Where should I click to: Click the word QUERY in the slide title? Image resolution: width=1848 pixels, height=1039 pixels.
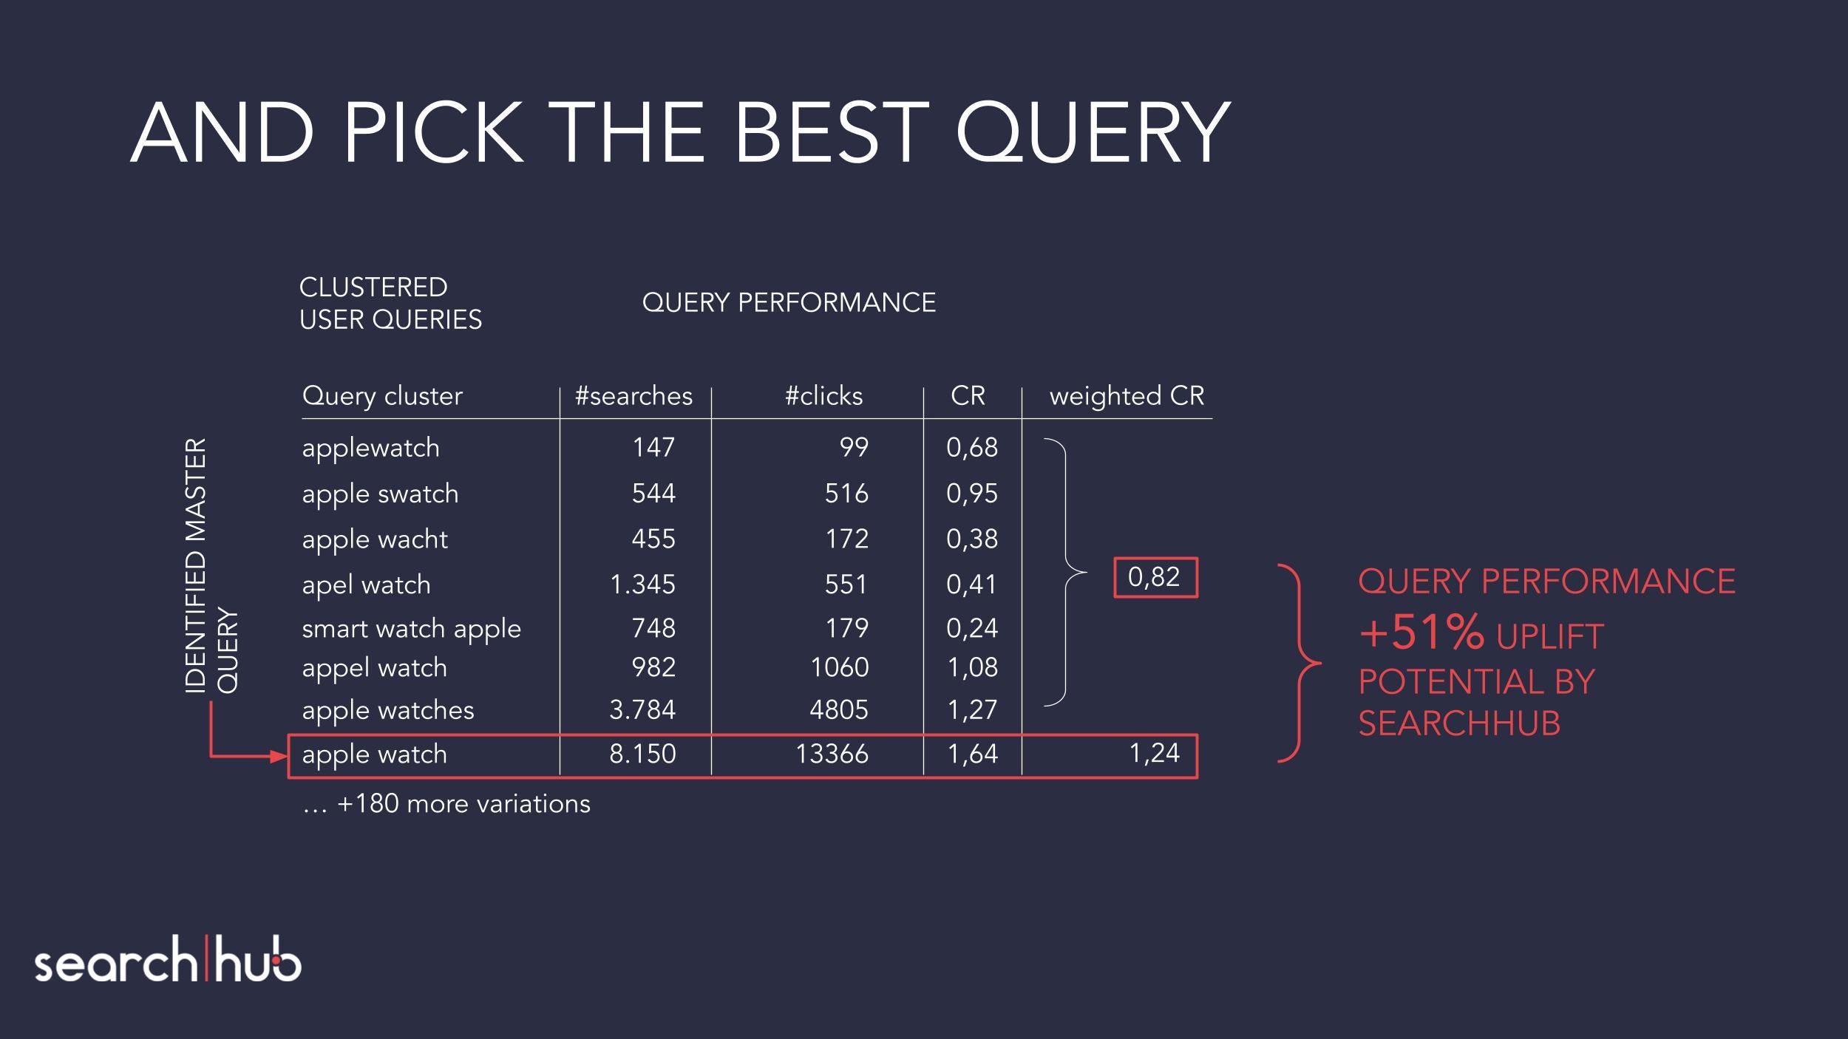1094,132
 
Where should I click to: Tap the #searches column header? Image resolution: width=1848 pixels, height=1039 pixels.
634,396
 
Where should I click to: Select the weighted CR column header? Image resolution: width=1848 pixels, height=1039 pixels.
1127,397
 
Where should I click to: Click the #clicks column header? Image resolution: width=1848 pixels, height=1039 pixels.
823,396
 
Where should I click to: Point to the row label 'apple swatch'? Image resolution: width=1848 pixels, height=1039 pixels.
380,494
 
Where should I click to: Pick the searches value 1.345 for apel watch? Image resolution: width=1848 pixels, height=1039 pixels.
642,585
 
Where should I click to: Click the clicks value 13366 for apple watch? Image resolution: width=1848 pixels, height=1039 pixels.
832,754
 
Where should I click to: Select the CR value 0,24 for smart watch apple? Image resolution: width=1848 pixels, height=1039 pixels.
972,628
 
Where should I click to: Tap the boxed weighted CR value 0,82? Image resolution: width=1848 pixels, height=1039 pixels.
1155,577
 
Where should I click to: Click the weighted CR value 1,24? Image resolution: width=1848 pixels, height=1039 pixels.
1154,753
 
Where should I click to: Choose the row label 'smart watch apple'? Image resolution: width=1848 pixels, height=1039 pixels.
411,630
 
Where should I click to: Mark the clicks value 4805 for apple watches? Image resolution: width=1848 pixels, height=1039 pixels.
839,710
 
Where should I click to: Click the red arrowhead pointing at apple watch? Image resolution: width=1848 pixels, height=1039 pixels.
279,756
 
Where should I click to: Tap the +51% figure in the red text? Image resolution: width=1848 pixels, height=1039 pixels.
1421,633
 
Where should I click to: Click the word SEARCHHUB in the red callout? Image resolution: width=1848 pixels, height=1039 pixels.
1459,723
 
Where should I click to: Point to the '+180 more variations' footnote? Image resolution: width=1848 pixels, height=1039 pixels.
446,804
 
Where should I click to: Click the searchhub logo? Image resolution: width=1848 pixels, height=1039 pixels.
168,960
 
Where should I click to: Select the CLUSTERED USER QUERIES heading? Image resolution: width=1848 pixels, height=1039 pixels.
390,303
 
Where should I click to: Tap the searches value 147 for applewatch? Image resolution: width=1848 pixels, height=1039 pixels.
653,447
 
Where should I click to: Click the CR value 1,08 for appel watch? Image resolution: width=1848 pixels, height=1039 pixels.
973,667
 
